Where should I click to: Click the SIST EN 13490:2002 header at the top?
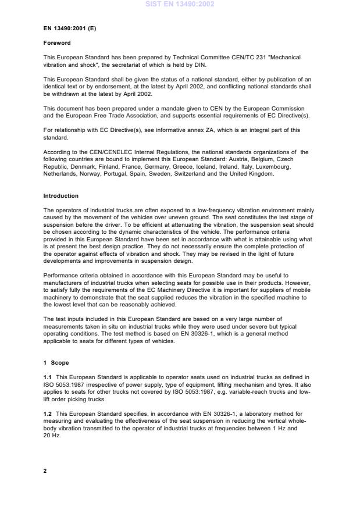pos(180,4)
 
